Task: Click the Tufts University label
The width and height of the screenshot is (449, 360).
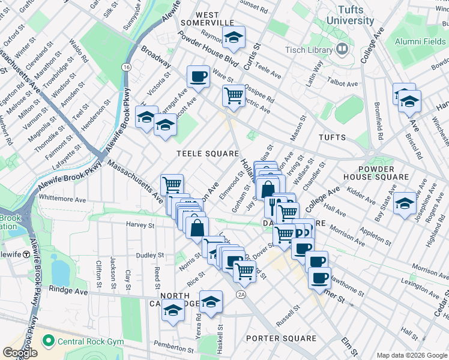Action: tap(350, 15)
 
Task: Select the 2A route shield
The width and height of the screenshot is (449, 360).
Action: tap(241, 294)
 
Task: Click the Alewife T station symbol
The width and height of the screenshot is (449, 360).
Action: tap(26, 254)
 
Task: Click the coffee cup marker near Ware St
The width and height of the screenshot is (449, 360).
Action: tap(197, 76)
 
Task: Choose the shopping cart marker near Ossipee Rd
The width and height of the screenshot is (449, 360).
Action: tap(233, 94)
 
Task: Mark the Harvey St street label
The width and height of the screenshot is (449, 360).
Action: tap(140, 225)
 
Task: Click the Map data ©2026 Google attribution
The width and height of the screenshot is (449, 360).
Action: tap(412, 355)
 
